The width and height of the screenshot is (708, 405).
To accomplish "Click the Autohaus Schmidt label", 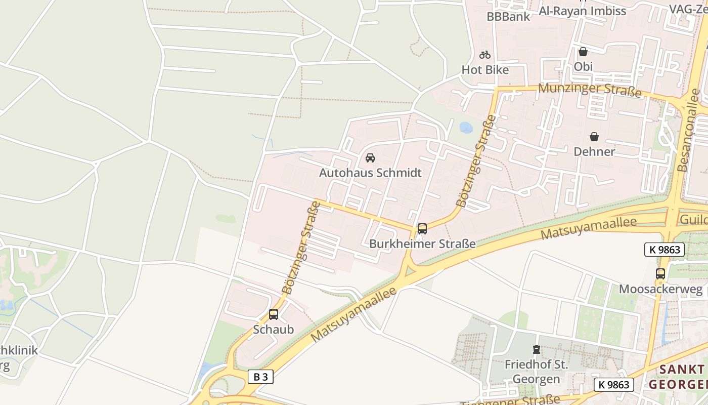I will pos(370,173).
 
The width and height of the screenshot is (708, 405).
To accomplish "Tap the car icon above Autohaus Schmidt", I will pos(370,158).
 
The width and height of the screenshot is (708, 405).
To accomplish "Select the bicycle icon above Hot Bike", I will pos(485,55).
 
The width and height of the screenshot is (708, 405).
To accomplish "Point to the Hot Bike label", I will pos(485,70).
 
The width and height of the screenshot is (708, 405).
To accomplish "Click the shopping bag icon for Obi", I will pos(583,52).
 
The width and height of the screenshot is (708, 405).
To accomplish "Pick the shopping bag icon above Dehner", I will pos(594,137).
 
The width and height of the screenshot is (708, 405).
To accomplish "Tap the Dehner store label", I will pos(594,151).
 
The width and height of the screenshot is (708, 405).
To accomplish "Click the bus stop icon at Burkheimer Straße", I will pos(422,229).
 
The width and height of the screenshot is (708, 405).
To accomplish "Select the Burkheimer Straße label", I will pos(422,244).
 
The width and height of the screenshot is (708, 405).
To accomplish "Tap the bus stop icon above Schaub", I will pos(274,314).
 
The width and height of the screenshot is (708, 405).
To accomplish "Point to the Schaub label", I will pos(274,330).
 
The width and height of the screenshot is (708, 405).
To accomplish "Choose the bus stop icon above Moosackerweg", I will pos(660,274).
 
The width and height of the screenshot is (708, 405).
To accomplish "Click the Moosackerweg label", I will pos(661,290).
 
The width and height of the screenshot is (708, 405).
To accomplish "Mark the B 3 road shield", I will pos(261,377).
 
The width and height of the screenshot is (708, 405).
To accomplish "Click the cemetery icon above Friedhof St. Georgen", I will pos(536,349).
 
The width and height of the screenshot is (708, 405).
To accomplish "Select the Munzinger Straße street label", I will pos(590,90).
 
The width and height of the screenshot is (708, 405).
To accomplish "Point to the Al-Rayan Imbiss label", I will pos(583,11).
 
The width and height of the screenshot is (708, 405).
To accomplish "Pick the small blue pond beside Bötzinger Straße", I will pos(466,127).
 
